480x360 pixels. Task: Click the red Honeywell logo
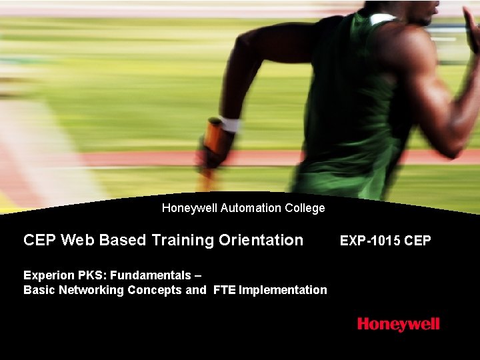398,325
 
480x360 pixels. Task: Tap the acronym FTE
225,290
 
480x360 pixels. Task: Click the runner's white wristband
229,124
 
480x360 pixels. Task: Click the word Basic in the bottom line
38,290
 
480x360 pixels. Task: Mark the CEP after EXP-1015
417,241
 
